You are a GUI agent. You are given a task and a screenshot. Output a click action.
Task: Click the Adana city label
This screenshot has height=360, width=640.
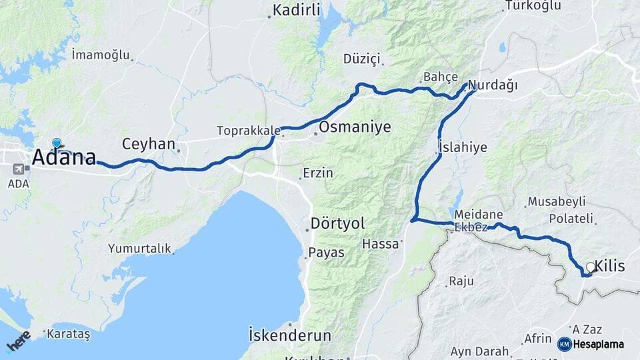[63, 158]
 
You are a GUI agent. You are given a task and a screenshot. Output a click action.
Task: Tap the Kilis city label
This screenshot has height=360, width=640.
[611, 267]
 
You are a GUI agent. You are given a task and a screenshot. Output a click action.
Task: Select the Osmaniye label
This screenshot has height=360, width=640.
[355, 127]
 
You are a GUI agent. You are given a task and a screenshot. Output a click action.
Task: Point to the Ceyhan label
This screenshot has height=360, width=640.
[149, 144]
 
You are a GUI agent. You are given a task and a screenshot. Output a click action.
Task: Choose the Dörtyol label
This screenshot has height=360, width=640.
[337, 223]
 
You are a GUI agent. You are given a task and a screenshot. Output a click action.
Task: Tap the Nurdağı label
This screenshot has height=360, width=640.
[493, 85]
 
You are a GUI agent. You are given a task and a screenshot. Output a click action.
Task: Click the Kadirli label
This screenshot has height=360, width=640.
[297, 10]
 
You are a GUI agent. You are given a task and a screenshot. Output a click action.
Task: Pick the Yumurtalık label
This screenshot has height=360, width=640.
[139, 249]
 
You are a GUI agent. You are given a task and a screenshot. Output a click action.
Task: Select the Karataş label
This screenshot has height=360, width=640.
[69, 334]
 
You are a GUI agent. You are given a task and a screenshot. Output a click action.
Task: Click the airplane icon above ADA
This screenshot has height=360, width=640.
[17, 169]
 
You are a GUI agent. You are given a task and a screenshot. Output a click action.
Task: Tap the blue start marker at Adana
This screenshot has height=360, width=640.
[57, 143]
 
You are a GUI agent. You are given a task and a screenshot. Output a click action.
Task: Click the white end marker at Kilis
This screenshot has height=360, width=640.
[590, 267]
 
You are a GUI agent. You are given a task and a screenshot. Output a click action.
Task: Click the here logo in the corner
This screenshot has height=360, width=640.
[18, 341]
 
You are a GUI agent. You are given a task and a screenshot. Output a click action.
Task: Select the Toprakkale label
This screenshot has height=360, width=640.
[247, 130]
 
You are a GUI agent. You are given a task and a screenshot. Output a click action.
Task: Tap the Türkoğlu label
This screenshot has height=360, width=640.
[531, 6]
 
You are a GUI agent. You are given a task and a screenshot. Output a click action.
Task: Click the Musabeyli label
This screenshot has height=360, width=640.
[557, 201]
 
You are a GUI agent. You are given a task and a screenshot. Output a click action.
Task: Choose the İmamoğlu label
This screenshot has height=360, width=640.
[101, 55]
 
